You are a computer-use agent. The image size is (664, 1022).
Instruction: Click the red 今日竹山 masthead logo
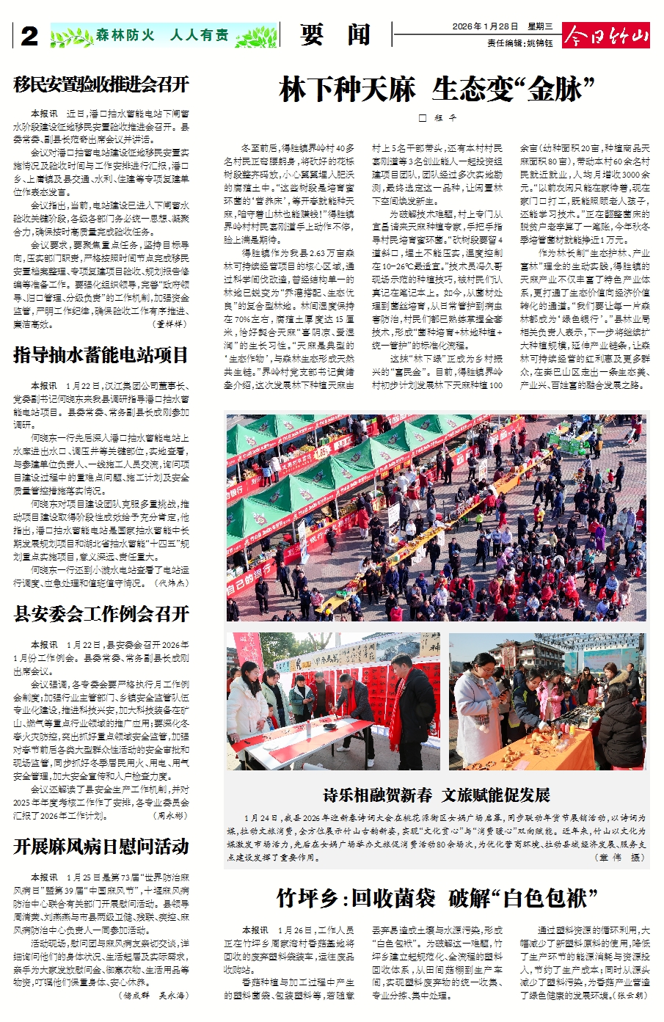pyautogui.click(x=606, y=35)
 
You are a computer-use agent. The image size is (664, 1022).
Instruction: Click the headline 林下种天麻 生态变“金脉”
pyautogui.click(x=437, y=90)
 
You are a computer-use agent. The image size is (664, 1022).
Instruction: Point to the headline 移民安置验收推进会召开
pyautogui.click(x=101, y=84)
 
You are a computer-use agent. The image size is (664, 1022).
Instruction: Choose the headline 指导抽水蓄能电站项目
pyautogui.click(x=101, y=355)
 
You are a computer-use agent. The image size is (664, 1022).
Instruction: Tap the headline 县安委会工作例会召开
pyautogui.click(x=101, y=613)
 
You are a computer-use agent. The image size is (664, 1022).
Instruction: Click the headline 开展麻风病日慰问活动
pyautogui.click(x=101, y=846)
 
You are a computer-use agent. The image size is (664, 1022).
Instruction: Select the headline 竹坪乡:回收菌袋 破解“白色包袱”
pyautogui.click(x=437, y=897)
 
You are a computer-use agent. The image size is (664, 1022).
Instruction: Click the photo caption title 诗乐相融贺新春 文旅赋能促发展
pyautogui.click(x=437, y=795)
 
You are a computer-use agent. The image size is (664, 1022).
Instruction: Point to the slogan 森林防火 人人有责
pyautogui.click(x=162, y=35)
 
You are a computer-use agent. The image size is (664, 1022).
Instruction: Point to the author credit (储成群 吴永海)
pyautogui.click(x=155, y=996)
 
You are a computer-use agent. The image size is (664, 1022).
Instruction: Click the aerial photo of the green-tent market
pyautogui.click(x=437, y=517)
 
